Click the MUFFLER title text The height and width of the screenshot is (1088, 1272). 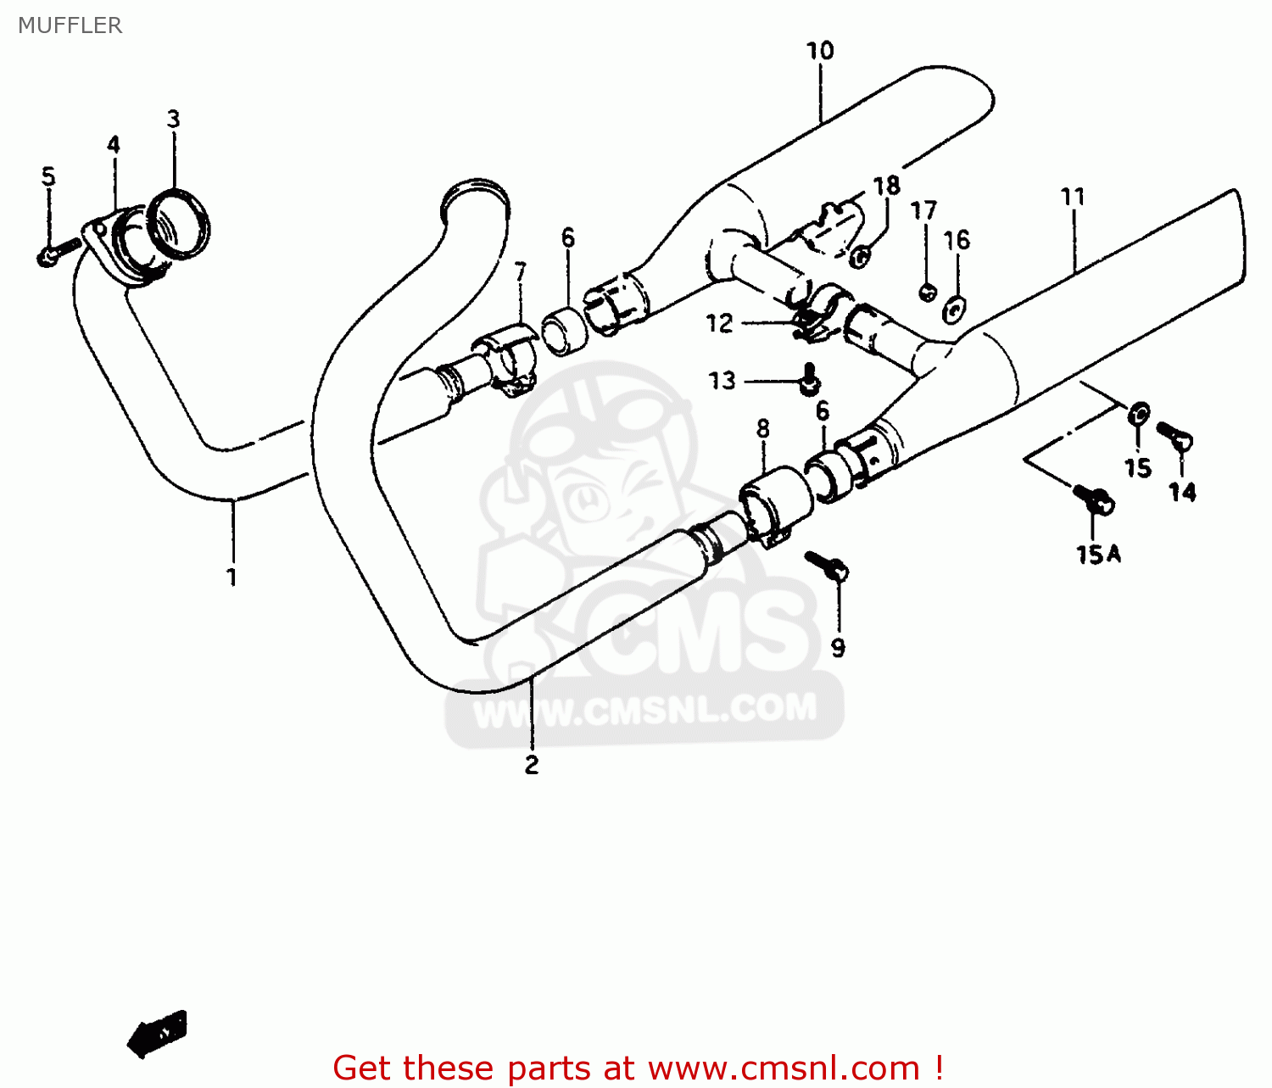tap(70, 25)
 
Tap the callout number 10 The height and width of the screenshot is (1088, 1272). tap(820, 51)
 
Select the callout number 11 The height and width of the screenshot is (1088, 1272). tap(1073, 197)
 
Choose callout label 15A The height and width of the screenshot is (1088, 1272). tap(1098, 555)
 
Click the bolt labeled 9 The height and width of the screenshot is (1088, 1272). tap(827, 565)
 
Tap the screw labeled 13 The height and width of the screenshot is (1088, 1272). tap(809, 378)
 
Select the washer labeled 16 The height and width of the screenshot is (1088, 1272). tap(955, 310)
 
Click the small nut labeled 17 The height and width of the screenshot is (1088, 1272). tap(928, 292)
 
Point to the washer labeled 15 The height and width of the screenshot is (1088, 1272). tap(1138, 415)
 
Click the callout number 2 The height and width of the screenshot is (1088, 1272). tap(532, 765)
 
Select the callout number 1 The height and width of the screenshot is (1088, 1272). tap(232, 577)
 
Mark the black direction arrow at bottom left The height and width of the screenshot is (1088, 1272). tap(158, 1033)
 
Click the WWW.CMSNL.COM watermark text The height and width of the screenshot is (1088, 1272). tap(644, 710)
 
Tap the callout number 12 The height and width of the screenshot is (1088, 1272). tap(719, 323)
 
